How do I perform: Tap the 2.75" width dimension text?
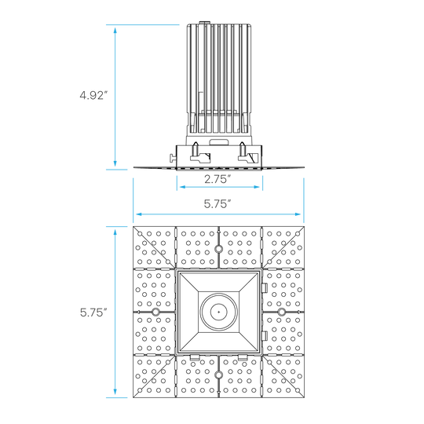tap(217, 179)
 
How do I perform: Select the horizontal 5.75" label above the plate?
tap(217, 203)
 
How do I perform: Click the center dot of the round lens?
tap(219, 312)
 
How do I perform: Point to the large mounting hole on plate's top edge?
tap(218, 248)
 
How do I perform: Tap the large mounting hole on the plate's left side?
tap(155, 312)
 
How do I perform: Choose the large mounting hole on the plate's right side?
tap(282, 312)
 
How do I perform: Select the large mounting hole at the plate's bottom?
tap(218, 375)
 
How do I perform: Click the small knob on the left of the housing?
tap(173, 158)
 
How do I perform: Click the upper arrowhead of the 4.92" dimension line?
tap(115, 30)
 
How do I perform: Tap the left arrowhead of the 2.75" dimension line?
tap(182, 187)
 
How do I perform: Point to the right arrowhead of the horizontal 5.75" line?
tap(298, 214)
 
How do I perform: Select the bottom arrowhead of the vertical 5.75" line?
tap(115, 392)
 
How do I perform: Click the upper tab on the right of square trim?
tap(265, 287)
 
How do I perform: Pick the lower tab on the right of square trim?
tap(265, 336)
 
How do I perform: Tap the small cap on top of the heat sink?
tap(205, 24)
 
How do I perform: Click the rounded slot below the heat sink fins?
tap(219, 142)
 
